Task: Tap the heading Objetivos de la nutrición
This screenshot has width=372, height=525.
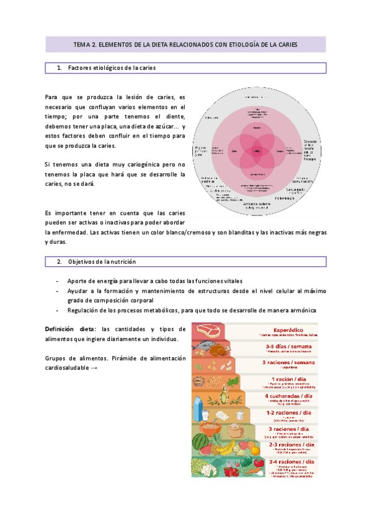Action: (x=102, y=262)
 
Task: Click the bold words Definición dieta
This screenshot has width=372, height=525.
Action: (x=71, y=329)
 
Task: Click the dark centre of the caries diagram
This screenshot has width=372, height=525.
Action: (x=255, y=151)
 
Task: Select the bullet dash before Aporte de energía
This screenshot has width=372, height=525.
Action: (x=58, y=281)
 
